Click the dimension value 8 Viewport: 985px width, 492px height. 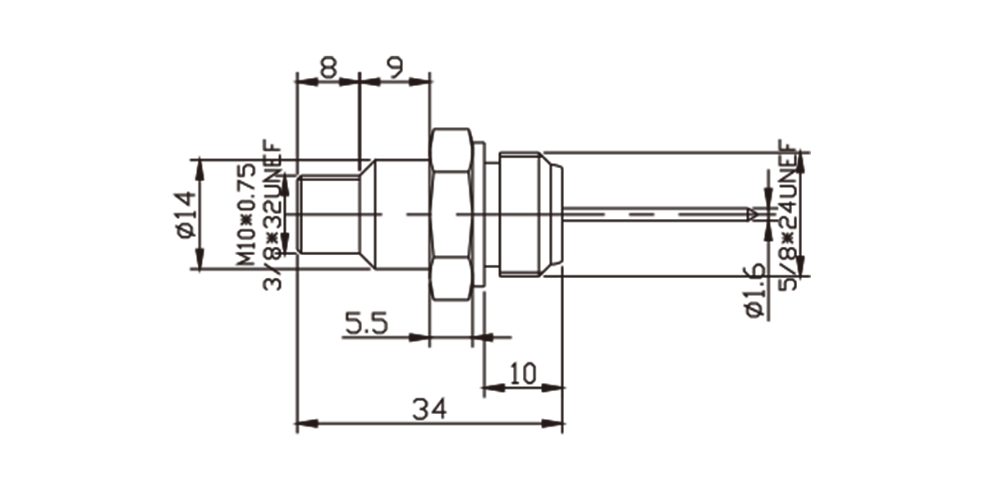[328, 67]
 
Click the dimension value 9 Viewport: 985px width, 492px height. [396, 67]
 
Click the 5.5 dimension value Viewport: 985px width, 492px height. [366, 323]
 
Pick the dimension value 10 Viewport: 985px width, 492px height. [523, 373]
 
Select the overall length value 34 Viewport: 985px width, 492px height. [429, 409]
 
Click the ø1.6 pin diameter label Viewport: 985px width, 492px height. [755, 290]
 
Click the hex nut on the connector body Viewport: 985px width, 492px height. [451, 214]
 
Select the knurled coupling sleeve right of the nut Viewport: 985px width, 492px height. [530, 214]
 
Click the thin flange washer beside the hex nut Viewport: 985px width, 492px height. [479, 214]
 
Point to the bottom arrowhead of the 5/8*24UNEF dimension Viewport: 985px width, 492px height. [800, 266]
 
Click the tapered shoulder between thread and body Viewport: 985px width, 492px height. [368, 214]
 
